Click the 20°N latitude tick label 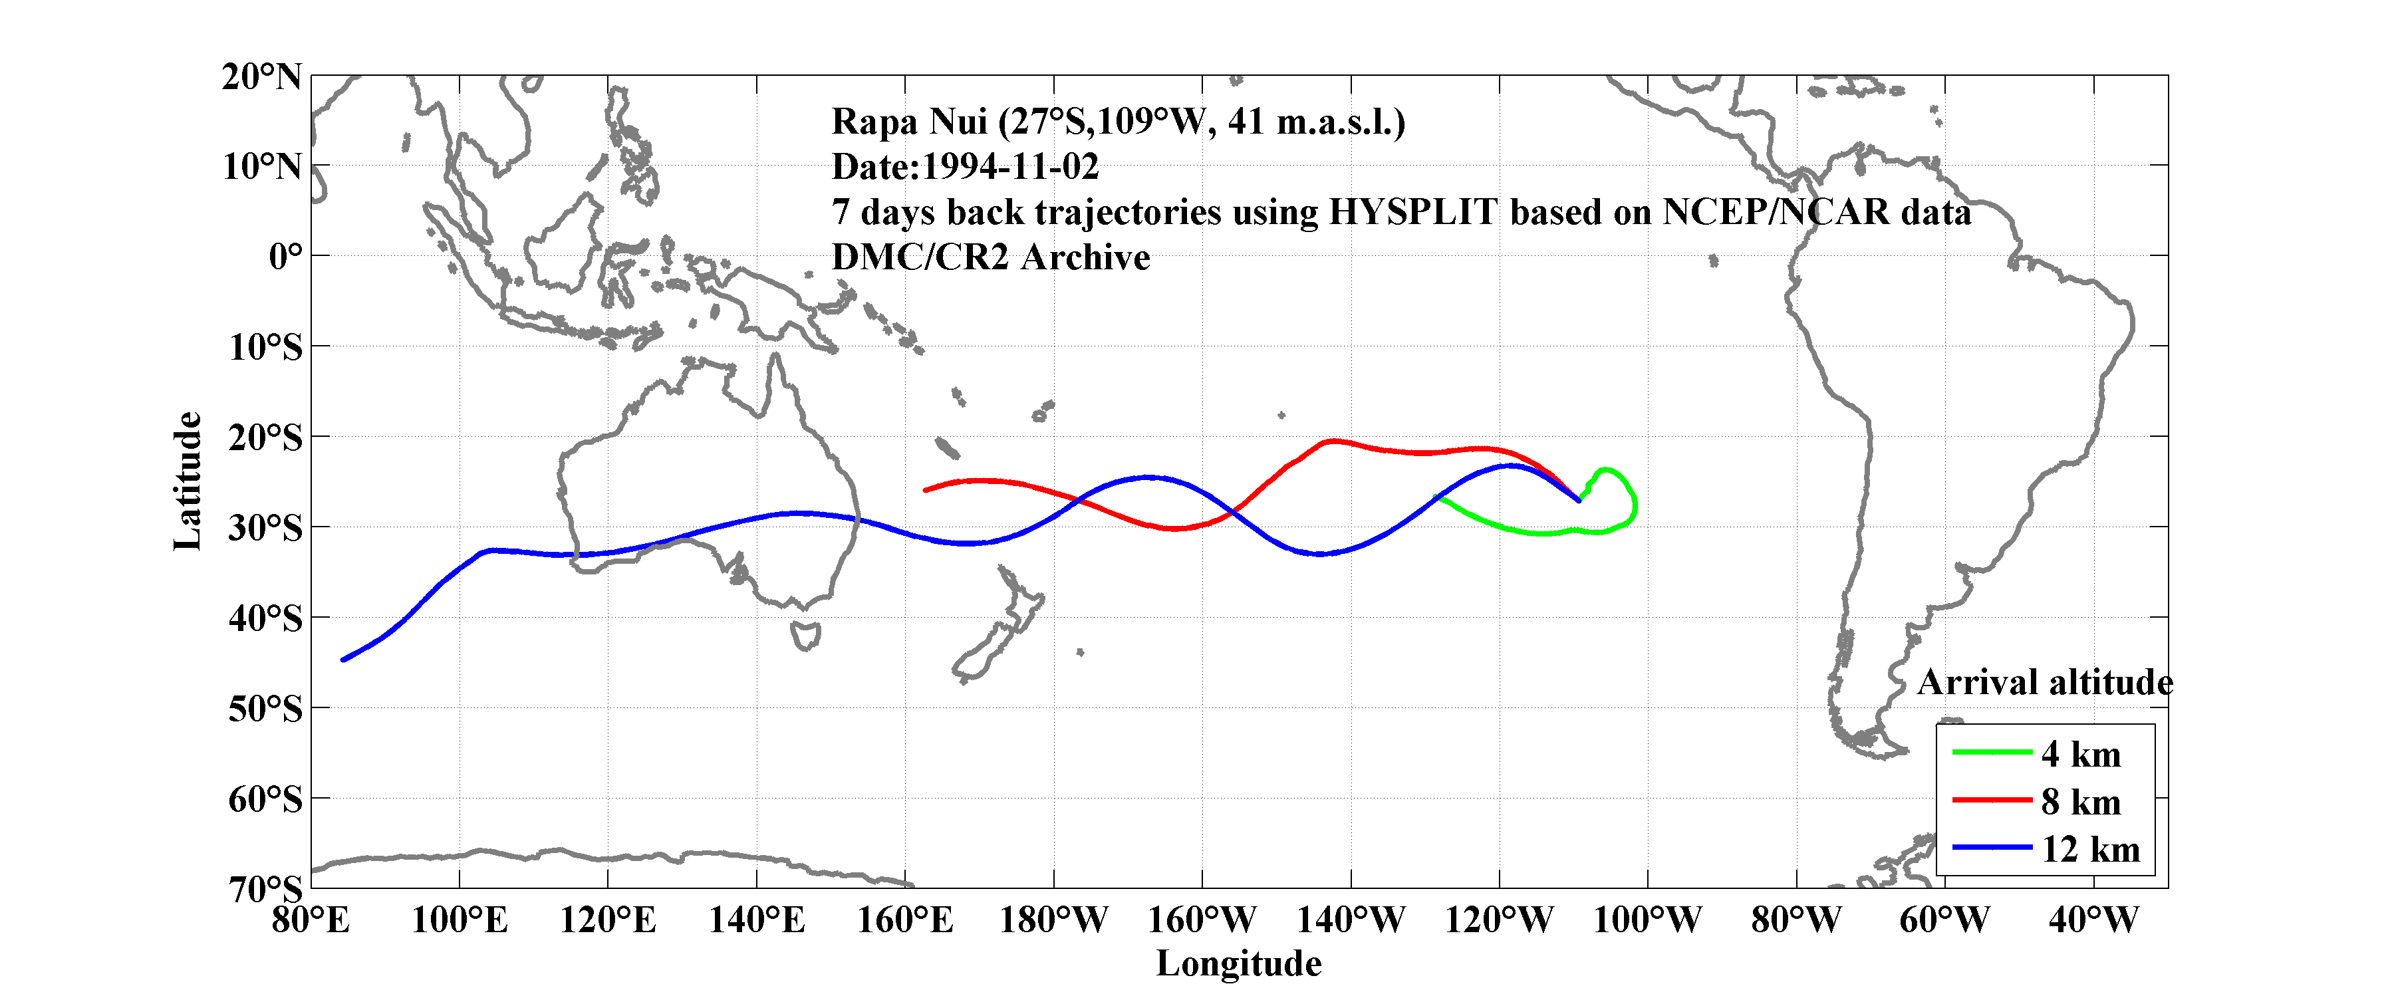pos(261,77)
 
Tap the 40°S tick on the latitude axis pos(265,618)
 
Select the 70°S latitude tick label pos(265,889)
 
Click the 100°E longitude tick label pos(460,921)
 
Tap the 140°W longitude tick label pos(1351,921)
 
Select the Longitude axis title pos(1238,963)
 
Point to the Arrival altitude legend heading pos(2044,683)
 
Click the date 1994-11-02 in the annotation pos(1010,168)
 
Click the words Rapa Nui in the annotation pos(909,122)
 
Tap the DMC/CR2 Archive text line pos(991,257)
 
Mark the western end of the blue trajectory pos(343,660)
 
